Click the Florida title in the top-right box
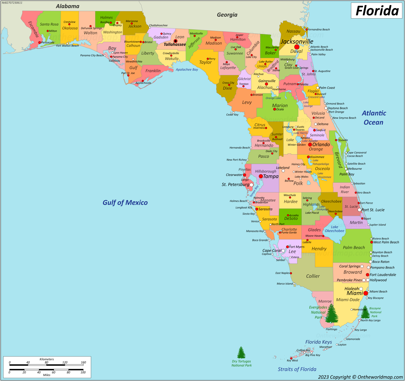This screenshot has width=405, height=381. coord(377,11)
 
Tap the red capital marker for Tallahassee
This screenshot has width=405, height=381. coord(175,41)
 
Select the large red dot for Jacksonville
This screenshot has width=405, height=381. coord(297,47)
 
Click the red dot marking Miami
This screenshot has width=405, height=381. coord(366,293)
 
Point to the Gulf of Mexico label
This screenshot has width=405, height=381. coord(125,203)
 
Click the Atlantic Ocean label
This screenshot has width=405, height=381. coord(374,118)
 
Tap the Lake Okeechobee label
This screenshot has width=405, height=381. coord(334,229)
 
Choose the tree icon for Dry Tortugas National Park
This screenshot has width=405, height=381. coord(241,353)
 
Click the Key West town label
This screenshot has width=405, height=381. coord(292,360)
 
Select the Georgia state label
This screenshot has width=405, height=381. coord(227,15)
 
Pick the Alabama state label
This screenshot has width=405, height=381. coord(68,6)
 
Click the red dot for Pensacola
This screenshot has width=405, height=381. coord(39,43)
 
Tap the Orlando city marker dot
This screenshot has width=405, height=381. coord(310,145)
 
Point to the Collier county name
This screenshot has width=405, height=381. coord(313,276)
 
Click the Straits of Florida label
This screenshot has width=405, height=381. coord(297,369)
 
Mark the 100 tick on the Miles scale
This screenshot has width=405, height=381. coord(83,372)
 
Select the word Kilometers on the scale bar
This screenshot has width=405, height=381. coord(47,359)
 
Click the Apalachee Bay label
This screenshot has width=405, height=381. coord(187,70)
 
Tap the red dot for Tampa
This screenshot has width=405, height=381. coord(261,176)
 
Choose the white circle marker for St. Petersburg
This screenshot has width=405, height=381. coord(251,185)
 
